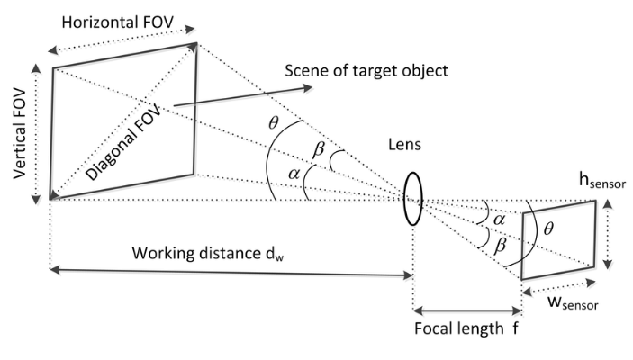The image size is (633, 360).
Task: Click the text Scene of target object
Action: pyautogui.click(x=367, y=70)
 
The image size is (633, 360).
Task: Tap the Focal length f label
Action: pyautogui.click(x=466, y=329)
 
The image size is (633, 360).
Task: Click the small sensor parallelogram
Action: pyautogui.click(x=558, y=238)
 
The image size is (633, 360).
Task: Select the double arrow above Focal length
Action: pyautogui.click(x=466, y=306)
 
